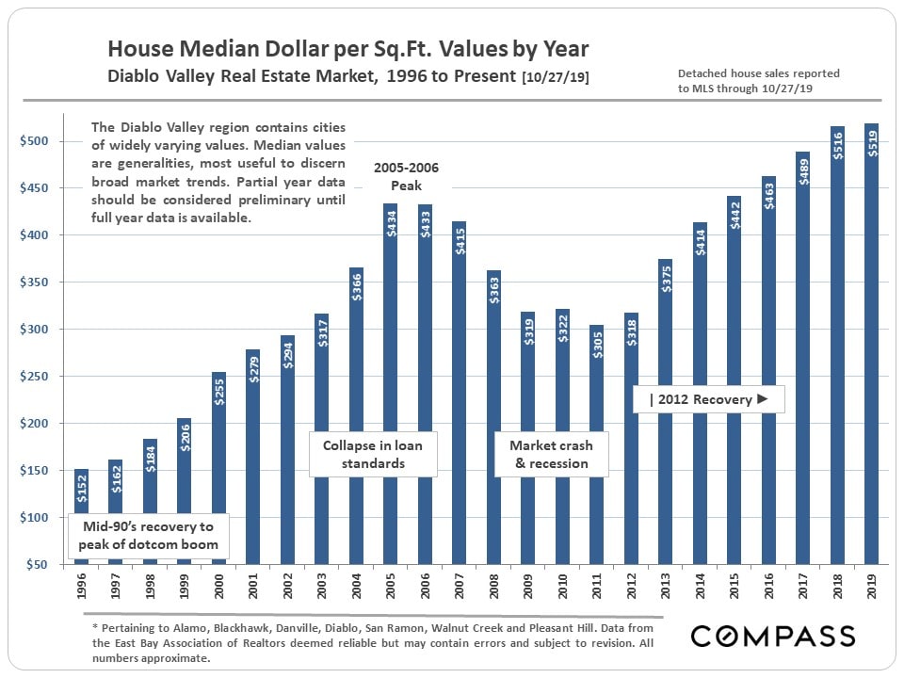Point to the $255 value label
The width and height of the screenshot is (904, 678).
coord(219,389)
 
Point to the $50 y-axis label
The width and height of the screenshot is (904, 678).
coord(38,564)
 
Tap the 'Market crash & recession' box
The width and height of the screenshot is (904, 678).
coord(550,454)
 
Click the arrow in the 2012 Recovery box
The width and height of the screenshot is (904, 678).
coord(764,399)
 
